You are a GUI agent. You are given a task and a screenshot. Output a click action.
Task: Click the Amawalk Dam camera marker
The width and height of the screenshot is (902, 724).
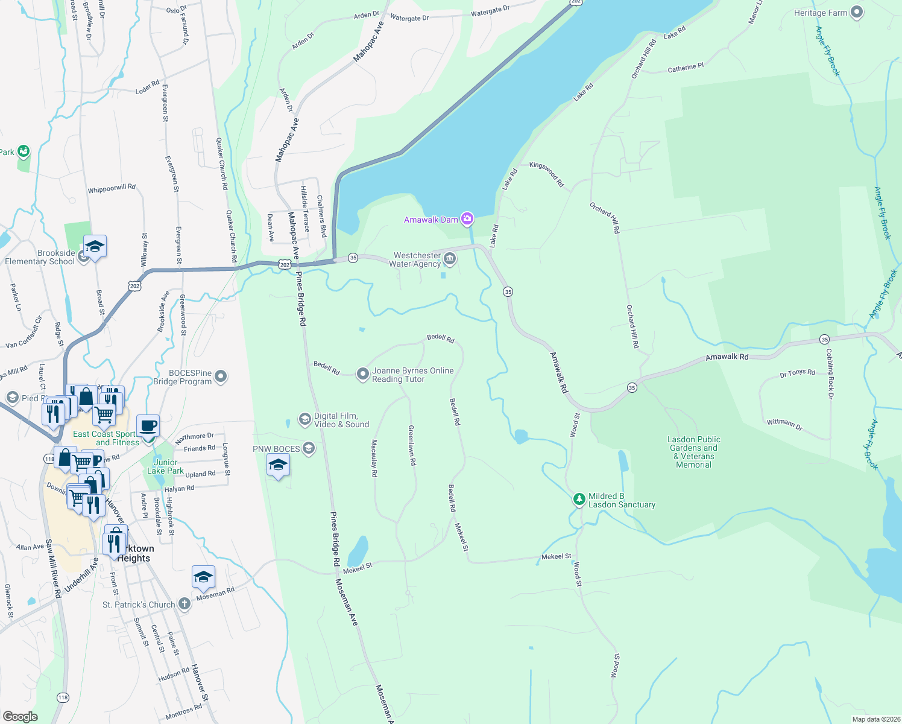[x=467, y=218]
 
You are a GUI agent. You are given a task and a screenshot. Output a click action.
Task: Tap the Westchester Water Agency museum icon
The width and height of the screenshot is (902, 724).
[x=449, y=259]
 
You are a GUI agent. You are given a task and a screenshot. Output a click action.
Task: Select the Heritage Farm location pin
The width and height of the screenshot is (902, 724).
[x=857, y=13]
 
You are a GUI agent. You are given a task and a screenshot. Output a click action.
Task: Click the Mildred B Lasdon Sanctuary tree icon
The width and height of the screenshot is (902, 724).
[x=579, y=499]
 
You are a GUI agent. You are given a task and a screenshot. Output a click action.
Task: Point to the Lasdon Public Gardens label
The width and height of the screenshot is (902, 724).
[x=694, y=452]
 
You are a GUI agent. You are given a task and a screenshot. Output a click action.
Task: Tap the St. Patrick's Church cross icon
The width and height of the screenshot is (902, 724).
[x=184, y=604]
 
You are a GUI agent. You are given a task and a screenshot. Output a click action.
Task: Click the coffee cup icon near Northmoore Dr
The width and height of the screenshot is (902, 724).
[x=148, y=427]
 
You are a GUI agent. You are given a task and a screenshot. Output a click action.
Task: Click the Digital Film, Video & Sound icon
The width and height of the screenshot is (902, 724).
[x=305, y=419]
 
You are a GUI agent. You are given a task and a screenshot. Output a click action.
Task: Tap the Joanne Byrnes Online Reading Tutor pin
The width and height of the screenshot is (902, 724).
[x=362, y=374]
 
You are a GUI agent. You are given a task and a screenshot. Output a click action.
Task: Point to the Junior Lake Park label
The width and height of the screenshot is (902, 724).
[x=165, y=466]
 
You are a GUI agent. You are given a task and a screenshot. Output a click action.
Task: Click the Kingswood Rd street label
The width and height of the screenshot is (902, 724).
[x=546, y=174]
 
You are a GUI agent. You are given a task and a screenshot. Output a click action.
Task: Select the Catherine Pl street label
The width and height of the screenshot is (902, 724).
[x=686, y=68]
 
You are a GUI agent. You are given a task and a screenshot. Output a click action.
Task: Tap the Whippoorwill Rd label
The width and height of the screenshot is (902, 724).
[x=112, y=189]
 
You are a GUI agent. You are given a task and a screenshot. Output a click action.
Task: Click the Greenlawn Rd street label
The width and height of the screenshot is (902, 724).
[x=412, y=445]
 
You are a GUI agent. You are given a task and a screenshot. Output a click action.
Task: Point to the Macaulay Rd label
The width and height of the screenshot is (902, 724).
[x=374, y=458]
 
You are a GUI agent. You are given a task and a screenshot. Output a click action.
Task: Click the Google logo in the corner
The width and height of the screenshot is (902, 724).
[x=20, y=716]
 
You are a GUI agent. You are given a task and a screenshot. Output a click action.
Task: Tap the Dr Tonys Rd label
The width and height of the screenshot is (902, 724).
[x=797, y=373]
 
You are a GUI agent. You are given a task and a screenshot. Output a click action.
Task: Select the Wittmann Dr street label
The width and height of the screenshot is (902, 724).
[x=784, y=424]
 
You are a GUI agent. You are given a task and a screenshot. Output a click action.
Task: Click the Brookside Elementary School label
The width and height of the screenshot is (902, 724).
[x=40, y=257]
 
